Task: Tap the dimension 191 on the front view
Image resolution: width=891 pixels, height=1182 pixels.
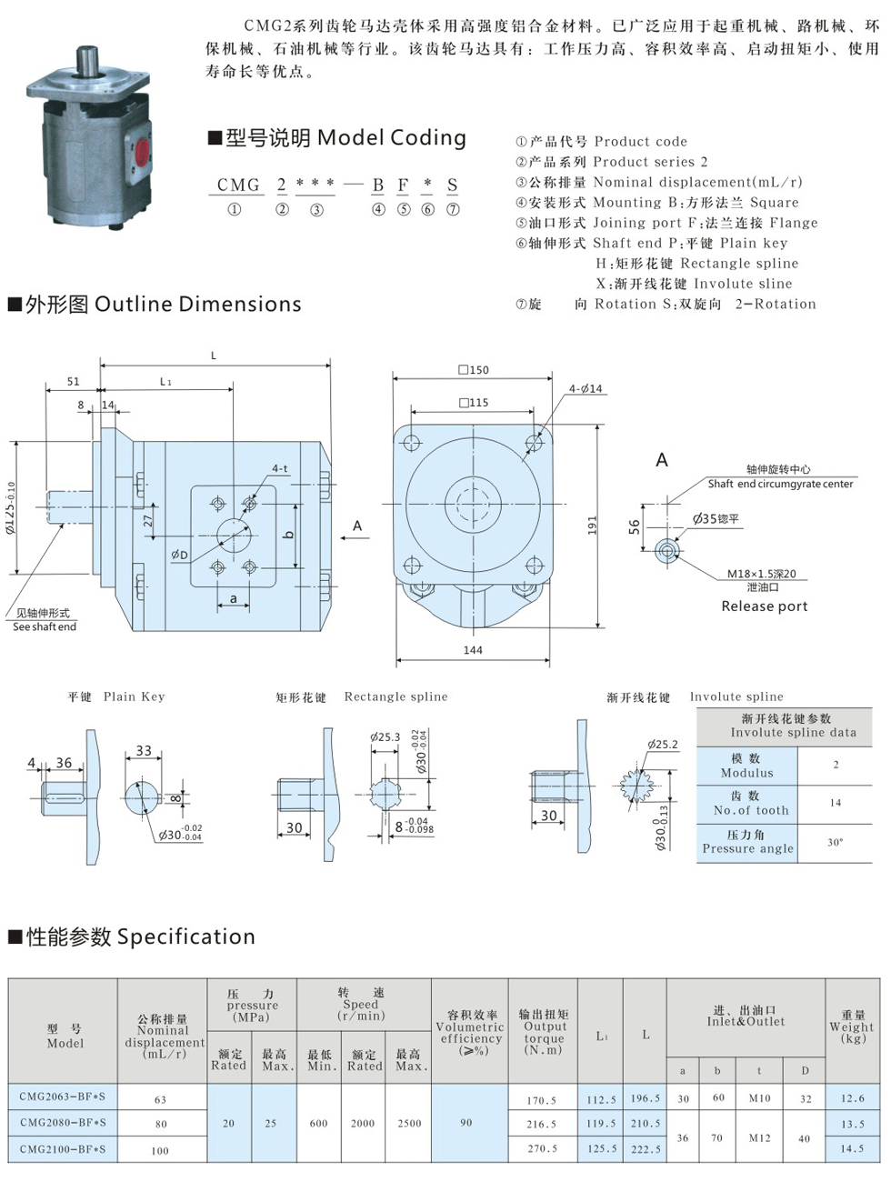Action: tap(592, 525)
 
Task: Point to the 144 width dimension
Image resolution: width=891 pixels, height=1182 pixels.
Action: tap(473, 650)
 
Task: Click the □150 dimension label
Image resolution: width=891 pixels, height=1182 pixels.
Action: tap(474, 370)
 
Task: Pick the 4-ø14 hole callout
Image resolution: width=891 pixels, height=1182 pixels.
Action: tap(586, 388)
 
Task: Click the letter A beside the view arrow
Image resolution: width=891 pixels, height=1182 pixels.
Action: tap(357, 526)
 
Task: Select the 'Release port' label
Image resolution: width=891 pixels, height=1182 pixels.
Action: tap(764, 606)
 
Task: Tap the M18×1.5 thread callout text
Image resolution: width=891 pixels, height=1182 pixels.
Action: tap(761, 574)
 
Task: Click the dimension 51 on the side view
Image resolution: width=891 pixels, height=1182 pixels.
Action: tap(73, 382)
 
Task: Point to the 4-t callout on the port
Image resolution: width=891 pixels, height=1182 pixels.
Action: tap(279, 469)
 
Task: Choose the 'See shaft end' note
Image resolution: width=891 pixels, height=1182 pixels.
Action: tap(45, 626)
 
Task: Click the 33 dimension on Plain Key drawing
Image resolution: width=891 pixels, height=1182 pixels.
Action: tap(144, 750)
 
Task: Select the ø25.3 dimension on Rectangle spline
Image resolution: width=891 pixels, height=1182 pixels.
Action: tap(385, 736)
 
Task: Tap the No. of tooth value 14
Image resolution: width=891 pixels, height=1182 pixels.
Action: tap(835, 803)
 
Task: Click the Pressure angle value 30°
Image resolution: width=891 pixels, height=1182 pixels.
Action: tap(835, 842)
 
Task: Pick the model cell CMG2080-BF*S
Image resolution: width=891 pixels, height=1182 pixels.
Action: tap(63, 1123)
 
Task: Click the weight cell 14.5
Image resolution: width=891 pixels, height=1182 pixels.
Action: tap(852, 1148)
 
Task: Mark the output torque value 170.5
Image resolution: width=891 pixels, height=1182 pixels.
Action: tap(542, 1099)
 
